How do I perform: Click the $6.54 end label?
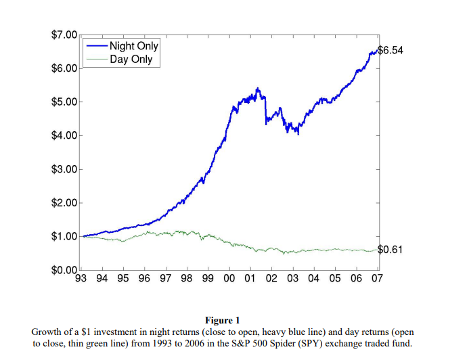391,50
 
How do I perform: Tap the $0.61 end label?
390,249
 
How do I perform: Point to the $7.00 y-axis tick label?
64,35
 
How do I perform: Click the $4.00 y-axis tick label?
64,135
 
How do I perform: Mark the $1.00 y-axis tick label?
64,236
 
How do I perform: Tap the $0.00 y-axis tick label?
64,270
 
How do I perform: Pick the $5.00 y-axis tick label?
64,102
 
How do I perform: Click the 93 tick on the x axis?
81,278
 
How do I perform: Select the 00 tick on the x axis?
229,278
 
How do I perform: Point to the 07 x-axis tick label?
377,278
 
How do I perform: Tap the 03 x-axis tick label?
293,278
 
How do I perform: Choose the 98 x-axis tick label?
187,278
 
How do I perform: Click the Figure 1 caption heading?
222,320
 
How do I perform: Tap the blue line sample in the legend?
97,46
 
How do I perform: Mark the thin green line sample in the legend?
97,60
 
